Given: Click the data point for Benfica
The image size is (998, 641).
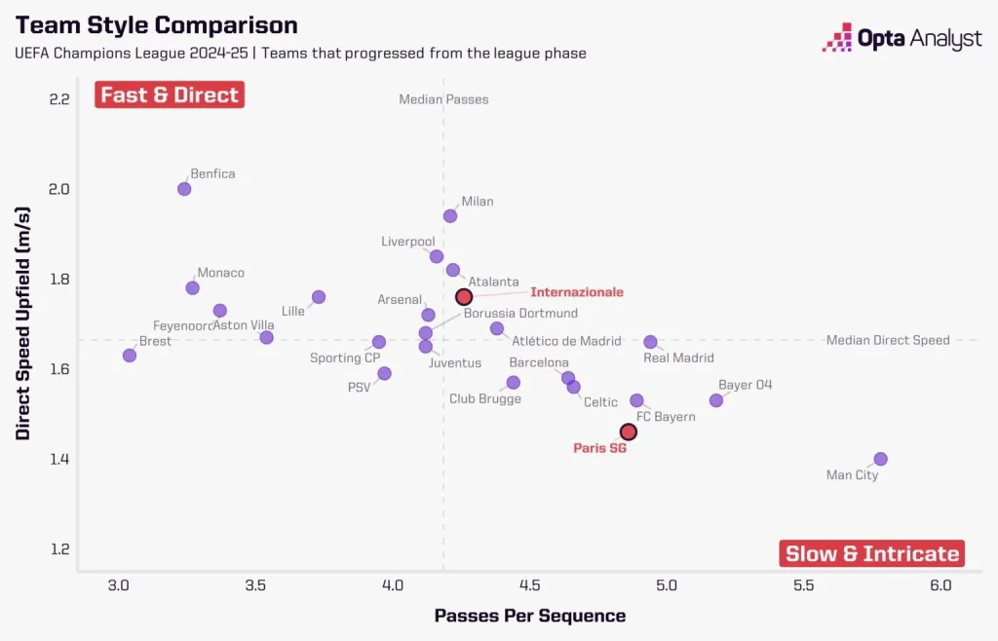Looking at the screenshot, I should [184, 189].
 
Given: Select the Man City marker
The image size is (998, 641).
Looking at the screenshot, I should [881, 459].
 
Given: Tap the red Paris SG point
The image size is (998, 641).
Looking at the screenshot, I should [629, 432].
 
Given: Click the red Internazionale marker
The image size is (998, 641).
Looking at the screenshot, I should [464, 296].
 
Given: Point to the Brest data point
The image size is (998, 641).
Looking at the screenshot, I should [130, 356].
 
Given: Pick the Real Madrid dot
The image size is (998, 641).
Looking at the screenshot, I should [650, 342].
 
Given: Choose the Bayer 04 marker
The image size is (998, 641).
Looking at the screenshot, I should [716, 400].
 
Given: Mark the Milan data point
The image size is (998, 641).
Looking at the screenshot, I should [450, 216].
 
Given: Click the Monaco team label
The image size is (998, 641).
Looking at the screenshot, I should [221, 273].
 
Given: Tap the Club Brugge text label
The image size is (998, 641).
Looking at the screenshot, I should [484, 398].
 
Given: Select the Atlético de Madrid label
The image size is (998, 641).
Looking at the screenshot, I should [566, 340].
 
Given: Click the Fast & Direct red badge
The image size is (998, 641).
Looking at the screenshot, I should [169, 94].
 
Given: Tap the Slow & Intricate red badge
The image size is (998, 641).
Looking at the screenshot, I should [872, 553].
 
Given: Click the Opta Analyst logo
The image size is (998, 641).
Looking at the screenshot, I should [902, 39].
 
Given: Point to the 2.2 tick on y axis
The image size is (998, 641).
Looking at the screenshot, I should [59, 99].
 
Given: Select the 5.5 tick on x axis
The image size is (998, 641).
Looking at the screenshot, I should [803, 584].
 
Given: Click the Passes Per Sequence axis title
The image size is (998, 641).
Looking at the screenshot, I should [530, 616].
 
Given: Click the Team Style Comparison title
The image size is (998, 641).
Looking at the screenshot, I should [157, 24].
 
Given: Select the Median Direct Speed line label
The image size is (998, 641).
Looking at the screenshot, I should [887, 340].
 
